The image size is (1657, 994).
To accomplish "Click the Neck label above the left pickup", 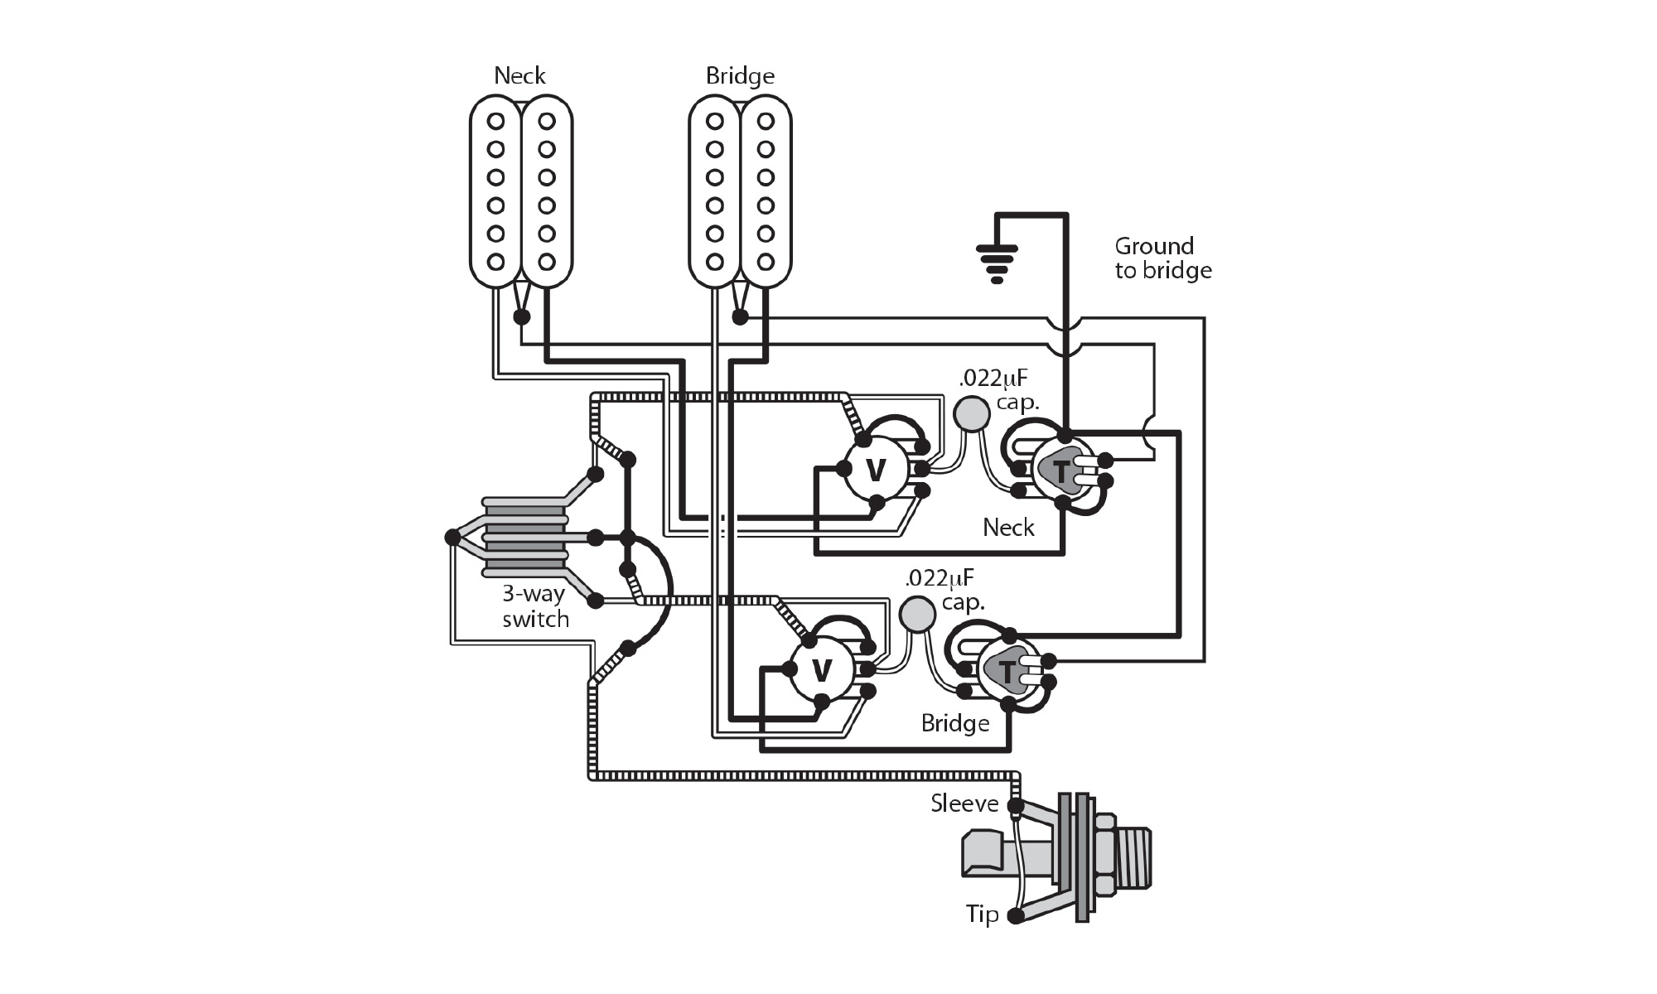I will coord(519,76).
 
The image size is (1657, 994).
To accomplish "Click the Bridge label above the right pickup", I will coord(740,76).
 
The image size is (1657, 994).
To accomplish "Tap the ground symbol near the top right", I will coord(997,263).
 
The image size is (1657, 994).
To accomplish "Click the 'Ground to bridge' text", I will coord(1162,258).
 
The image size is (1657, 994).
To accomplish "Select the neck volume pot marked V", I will coord(875,470).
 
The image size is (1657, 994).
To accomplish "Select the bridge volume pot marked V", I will coord(821,670).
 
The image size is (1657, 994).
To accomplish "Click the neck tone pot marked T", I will coord(1061,471).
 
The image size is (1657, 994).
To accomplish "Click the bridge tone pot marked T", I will coord(1007,671).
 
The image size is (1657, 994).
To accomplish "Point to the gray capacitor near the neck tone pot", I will coord(972,413).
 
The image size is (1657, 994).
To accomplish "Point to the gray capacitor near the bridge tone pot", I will coord(917,613).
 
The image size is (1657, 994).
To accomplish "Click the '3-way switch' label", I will coord(535,606).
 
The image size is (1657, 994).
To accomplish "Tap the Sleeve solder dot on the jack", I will coord(1016,805).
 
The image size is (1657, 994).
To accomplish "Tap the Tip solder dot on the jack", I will coord(1016,916).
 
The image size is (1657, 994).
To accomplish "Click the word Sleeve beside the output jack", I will coord(964,803).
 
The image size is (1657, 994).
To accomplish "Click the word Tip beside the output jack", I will coord(982,914).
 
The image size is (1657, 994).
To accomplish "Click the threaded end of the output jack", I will coord(1133,858).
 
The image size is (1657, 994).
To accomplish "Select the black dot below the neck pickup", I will coord(521,317).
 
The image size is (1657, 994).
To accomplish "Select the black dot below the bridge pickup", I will coord(740,317).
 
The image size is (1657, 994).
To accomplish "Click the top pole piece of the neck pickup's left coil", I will coord(495,122).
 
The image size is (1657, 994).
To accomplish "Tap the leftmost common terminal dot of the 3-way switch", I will coord(452,538).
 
